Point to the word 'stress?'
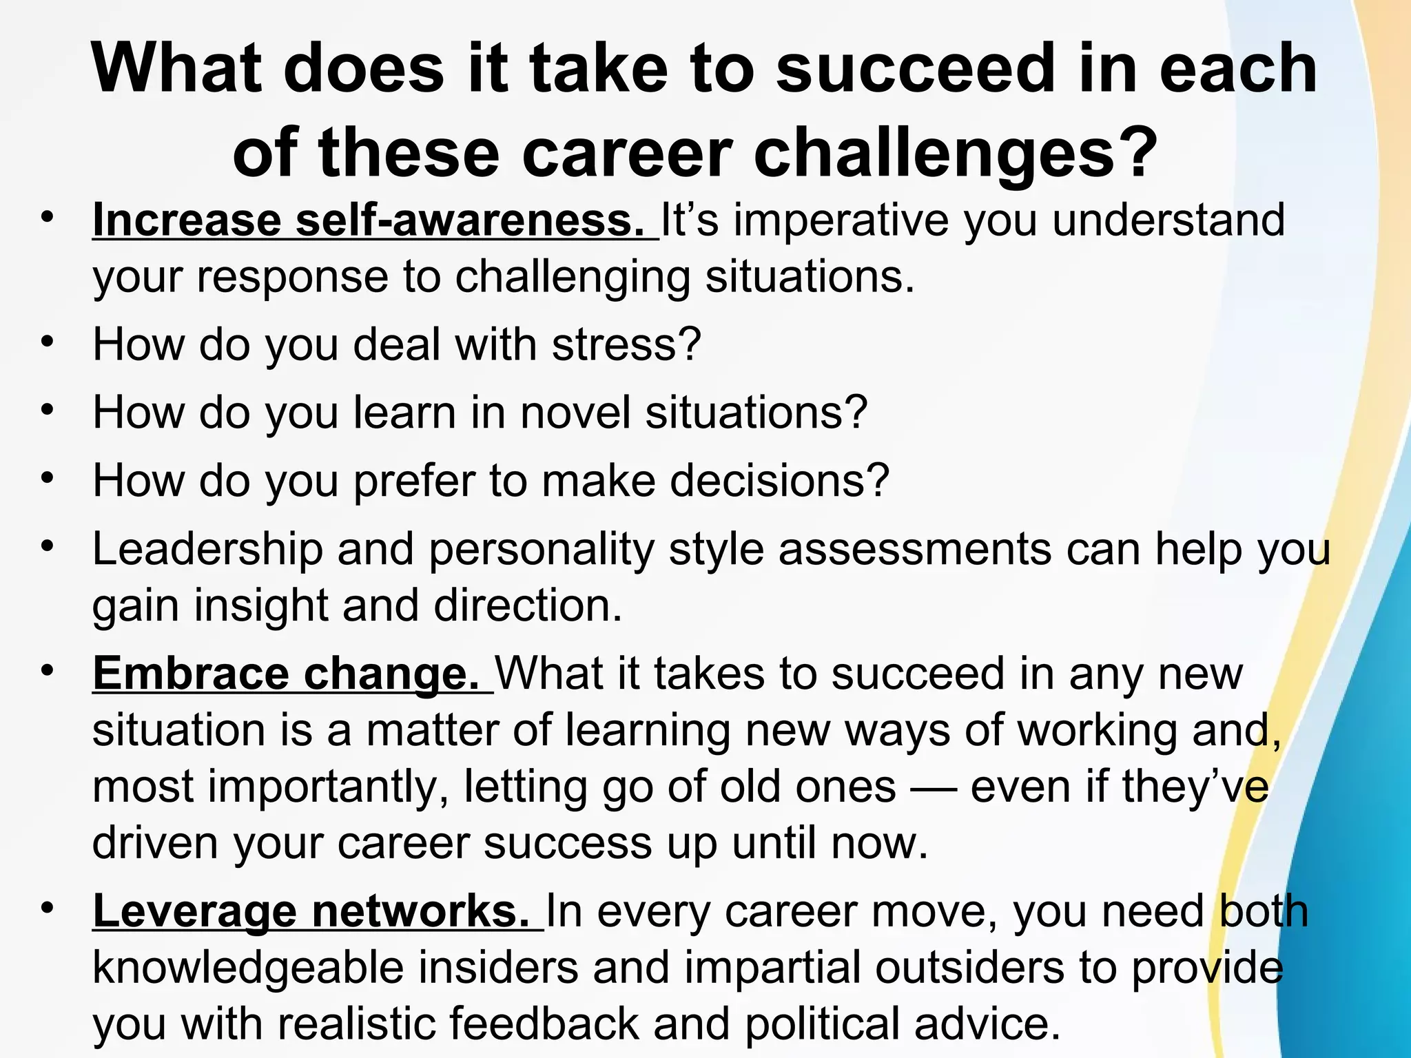(x=626, y=344)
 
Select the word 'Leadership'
(x=207, y=550)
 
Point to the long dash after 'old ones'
(x=933, y=787)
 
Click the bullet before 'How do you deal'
(x=46, y=342)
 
